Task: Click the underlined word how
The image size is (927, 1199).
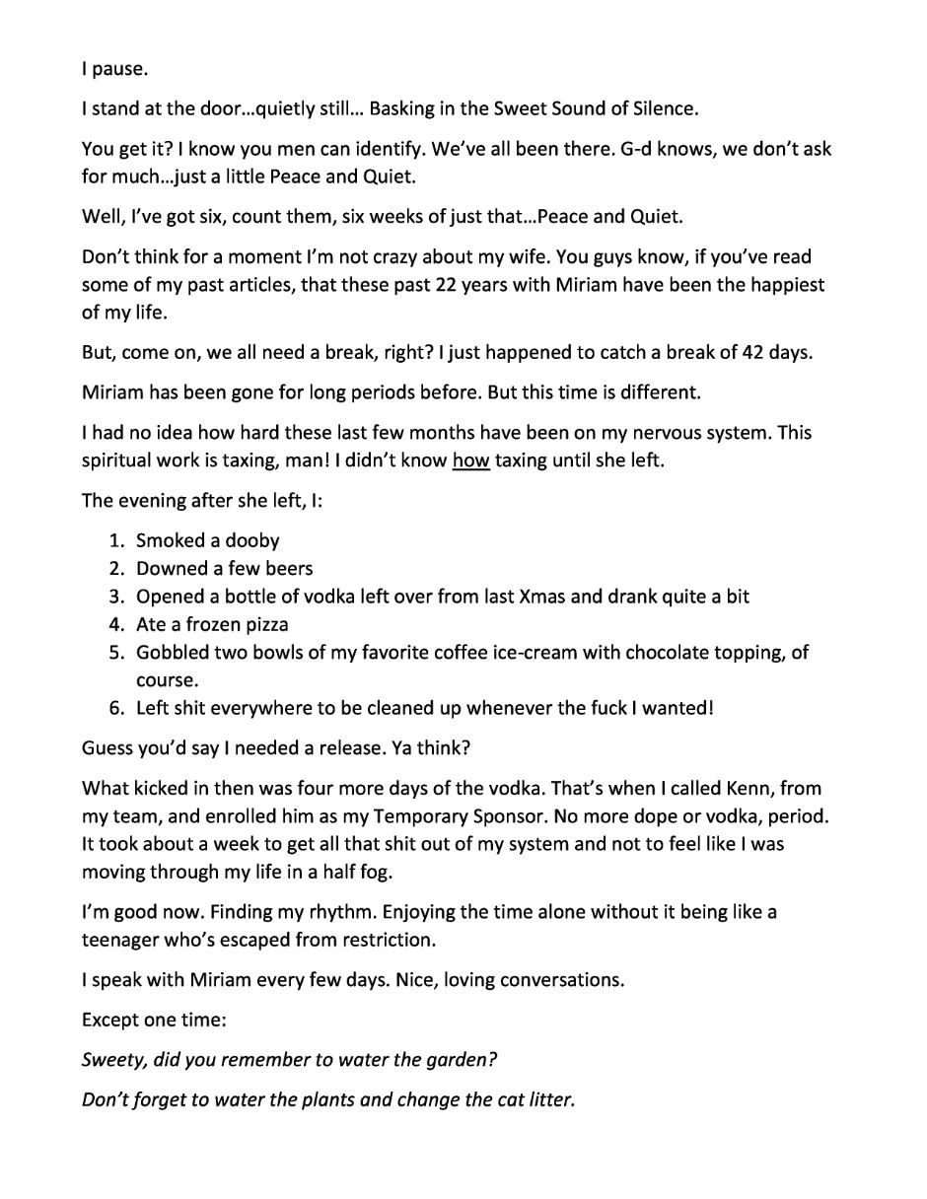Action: pyautogui.click(x=471, y=459)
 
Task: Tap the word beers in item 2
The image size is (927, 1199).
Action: pyautogui.click(x=285, y=568)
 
